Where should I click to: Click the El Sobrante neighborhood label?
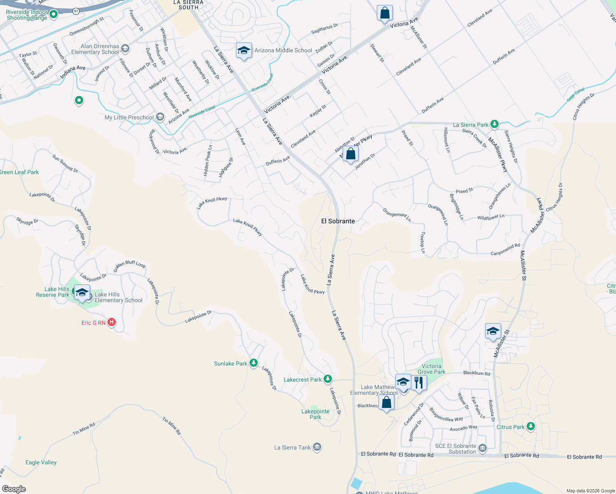[338, 221]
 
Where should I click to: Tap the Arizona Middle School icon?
[244, 51]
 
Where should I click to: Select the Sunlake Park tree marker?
[254, 363]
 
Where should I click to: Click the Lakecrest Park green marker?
[327, 379]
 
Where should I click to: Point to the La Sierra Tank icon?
[317, 447]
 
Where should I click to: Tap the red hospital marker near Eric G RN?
[112, 322]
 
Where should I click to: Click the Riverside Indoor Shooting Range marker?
[54, 15]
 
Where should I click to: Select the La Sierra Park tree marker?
[495, 124]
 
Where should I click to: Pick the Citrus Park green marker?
[531, 426]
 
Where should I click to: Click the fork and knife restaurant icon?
[418, 382]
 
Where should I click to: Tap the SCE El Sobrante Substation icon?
[483, 448]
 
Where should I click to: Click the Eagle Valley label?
[41, 462]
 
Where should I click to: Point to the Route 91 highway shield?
[76, 12]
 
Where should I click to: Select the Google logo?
[14, 489]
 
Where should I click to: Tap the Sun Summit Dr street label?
[65, 163]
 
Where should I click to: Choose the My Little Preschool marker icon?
[160, 117]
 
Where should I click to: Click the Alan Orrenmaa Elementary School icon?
[125, 49]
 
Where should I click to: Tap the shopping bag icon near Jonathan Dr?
[350, 154]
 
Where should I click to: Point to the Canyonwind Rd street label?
[505, 249]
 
